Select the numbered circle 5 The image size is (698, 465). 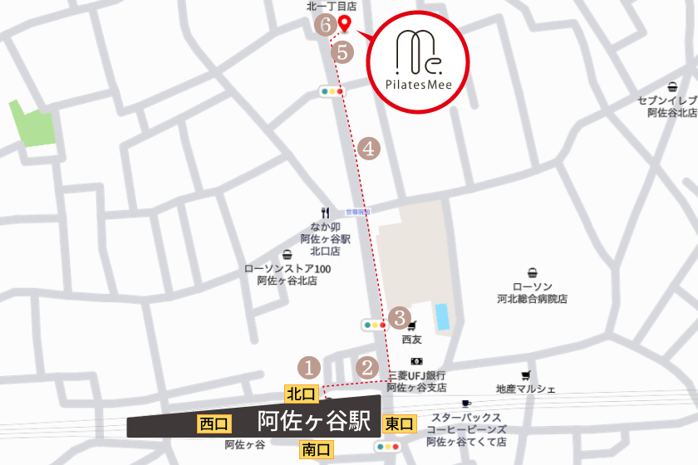click(x=342, y=51)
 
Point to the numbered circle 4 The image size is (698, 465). click(x=370, y=149)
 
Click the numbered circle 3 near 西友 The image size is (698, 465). click(x=400, y=317)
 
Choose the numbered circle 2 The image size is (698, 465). click(x=367, y=365)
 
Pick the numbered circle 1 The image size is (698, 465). click(x=309, y=365)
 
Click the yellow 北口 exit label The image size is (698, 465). click(x=301, y=393)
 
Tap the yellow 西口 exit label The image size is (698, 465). click(x=214, y=424)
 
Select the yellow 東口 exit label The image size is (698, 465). click(x=399, y=424)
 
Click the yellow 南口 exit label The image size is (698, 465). click(x=316, y=450)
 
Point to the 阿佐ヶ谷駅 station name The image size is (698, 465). click(x=314, y=421)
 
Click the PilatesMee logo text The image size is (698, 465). click(x=419, y=84)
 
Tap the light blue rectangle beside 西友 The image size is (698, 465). click(x=442, y=316)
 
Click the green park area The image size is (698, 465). click(x=32, y=124)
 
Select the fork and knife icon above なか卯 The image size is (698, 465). click(x=325, y=213)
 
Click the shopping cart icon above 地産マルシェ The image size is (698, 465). click(x=525, y=375)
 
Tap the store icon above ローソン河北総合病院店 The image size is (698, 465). click(x=532, y=273)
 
